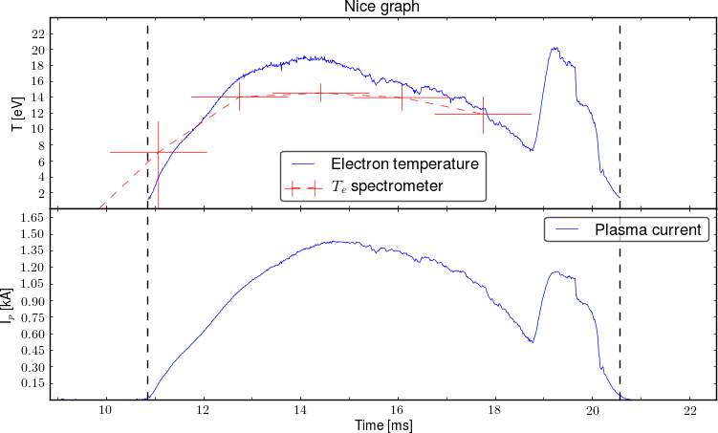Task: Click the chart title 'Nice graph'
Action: click(381, 8)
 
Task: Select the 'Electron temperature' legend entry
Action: click(404, 164)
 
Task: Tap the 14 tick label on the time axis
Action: click(300, 410)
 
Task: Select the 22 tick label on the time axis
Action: click(690, 410)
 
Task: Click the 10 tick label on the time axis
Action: click(105, 410)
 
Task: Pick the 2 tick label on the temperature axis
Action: click(41, 193)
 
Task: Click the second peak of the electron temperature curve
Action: click(554, 49)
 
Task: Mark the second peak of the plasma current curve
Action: click(555, 272)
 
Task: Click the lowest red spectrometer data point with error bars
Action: click(158, 152)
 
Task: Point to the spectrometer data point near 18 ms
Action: click(483, 115)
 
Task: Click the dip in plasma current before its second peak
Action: click(531, 341)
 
